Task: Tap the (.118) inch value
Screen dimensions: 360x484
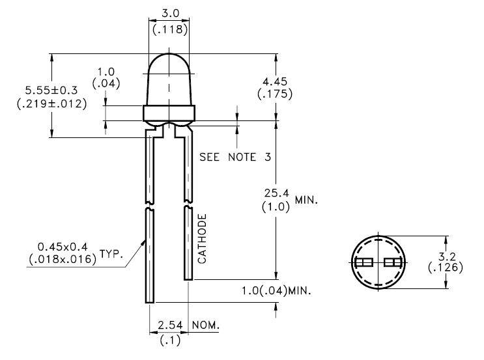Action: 170,29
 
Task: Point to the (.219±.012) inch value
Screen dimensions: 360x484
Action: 51,103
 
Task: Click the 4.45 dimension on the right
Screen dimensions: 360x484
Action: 274,81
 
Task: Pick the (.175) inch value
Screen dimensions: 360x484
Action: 274,94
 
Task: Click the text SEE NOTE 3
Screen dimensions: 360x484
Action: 235,158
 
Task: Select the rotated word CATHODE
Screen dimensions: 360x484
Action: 202,238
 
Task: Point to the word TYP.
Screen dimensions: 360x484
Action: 111,253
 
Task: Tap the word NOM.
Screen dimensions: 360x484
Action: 206,325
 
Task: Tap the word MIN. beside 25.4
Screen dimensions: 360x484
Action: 306,201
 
